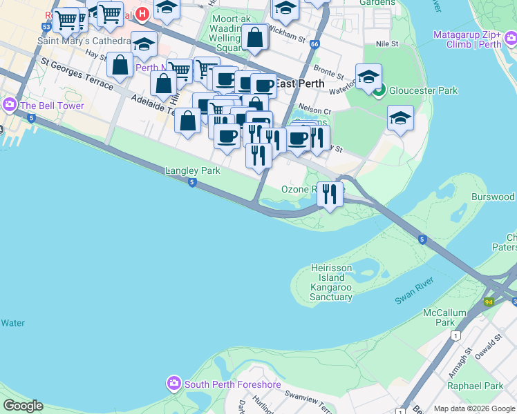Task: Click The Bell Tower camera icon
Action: pyautogui.click(x=10, y=106)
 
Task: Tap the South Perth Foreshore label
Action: pyautogui.click(x=223, y=384)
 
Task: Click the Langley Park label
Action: pyautogui.click(x=192, y=170)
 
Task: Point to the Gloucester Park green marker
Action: pyautogui.click(x=378, y=90)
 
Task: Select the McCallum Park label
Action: pyautogui.click(x=444, y=317)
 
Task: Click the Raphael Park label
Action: pyautogui.click(x=475, y=386)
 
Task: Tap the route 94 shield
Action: pyautogui.click(x=489, y=302)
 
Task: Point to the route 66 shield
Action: pyautogui.click(x=315, y=44)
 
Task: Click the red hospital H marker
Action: pyautogui.click(x=142, y=13)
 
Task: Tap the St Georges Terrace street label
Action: pyautogui.click(x=76, y=75)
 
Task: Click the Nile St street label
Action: pyautogui.click(x=387, y=43)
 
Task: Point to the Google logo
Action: pyautogui.click(x=23, y=406)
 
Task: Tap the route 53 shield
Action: pyautogui.click(x=46, y=26)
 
